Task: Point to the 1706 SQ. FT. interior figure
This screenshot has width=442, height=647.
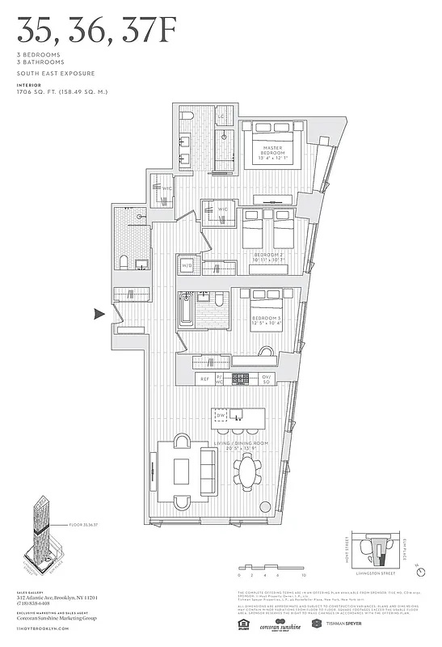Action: coord(61,91)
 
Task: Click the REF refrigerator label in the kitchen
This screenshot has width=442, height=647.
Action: coord(205,378)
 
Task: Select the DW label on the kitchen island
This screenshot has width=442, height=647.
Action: coord(220,417)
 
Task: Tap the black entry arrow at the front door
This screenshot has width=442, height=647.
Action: coord(100,315)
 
